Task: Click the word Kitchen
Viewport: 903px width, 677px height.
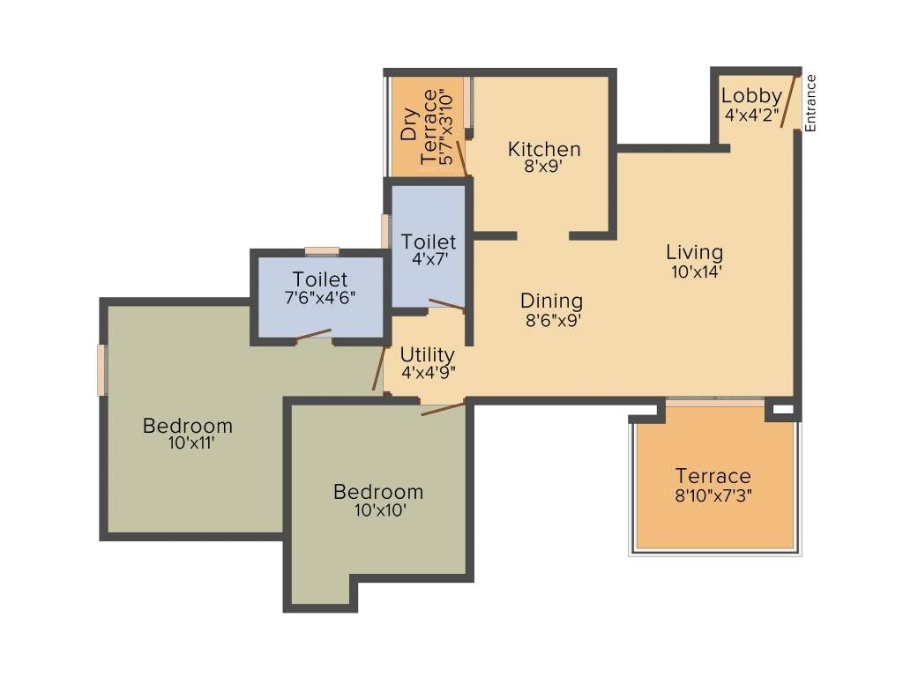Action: (x=544, y=149)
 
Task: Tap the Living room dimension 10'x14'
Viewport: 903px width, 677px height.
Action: (x=697, y=272)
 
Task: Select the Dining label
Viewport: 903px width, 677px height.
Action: (x=551, y=301)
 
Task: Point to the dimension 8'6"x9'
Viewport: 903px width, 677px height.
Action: (x=552, y=321)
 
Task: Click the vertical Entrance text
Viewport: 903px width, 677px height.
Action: (x=810, y=103)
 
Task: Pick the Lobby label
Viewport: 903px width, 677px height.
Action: (x=750, y=96)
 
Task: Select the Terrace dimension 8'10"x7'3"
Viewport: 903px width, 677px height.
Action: (x=713, y=495)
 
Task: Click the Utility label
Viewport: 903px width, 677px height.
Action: (x=427, y=354)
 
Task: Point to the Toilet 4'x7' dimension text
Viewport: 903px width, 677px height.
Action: (x=429, y=261)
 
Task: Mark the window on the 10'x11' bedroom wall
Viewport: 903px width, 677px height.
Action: (x=102, y=370)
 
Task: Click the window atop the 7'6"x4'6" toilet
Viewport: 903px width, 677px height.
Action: (x=322, y=252)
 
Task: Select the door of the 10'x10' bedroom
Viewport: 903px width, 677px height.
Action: (x=443, y=407)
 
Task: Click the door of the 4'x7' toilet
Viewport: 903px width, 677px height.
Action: (x=445, y=305)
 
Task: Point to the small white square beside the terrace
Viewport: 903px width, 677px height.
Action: (x=781, y=410)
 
